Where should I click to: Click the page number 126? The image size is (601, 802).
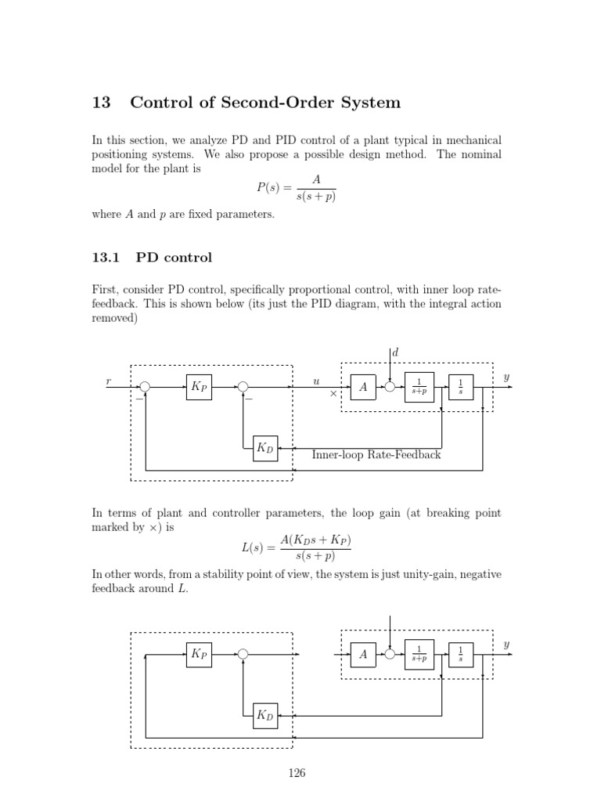296,773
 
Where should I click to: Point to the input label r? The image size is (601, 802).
108,381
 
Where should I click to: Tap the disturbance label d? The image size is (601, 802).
395,354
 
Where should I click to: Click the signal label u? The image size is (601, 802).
316,381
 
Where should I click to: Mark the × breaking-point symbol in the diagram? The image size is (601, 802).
333,394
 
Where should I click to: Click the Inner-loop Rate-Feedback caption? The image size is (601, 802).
376,454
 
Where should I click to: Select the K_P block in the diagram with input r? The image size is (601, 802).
199,387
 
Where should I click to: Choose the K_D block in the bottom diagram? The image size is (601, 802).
265,715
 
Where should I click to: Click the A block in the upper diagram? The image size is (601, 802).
363,387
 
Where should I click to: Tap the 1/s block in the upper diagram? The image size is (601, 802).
461,387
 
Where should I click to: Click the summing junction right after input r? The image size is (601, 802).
143,386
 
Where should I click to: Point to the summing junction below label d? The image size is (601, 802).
390,386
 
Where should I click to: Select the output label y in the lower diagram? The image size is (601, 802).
506,645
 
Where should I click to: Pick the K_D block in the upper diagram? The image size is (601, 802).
265,448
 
